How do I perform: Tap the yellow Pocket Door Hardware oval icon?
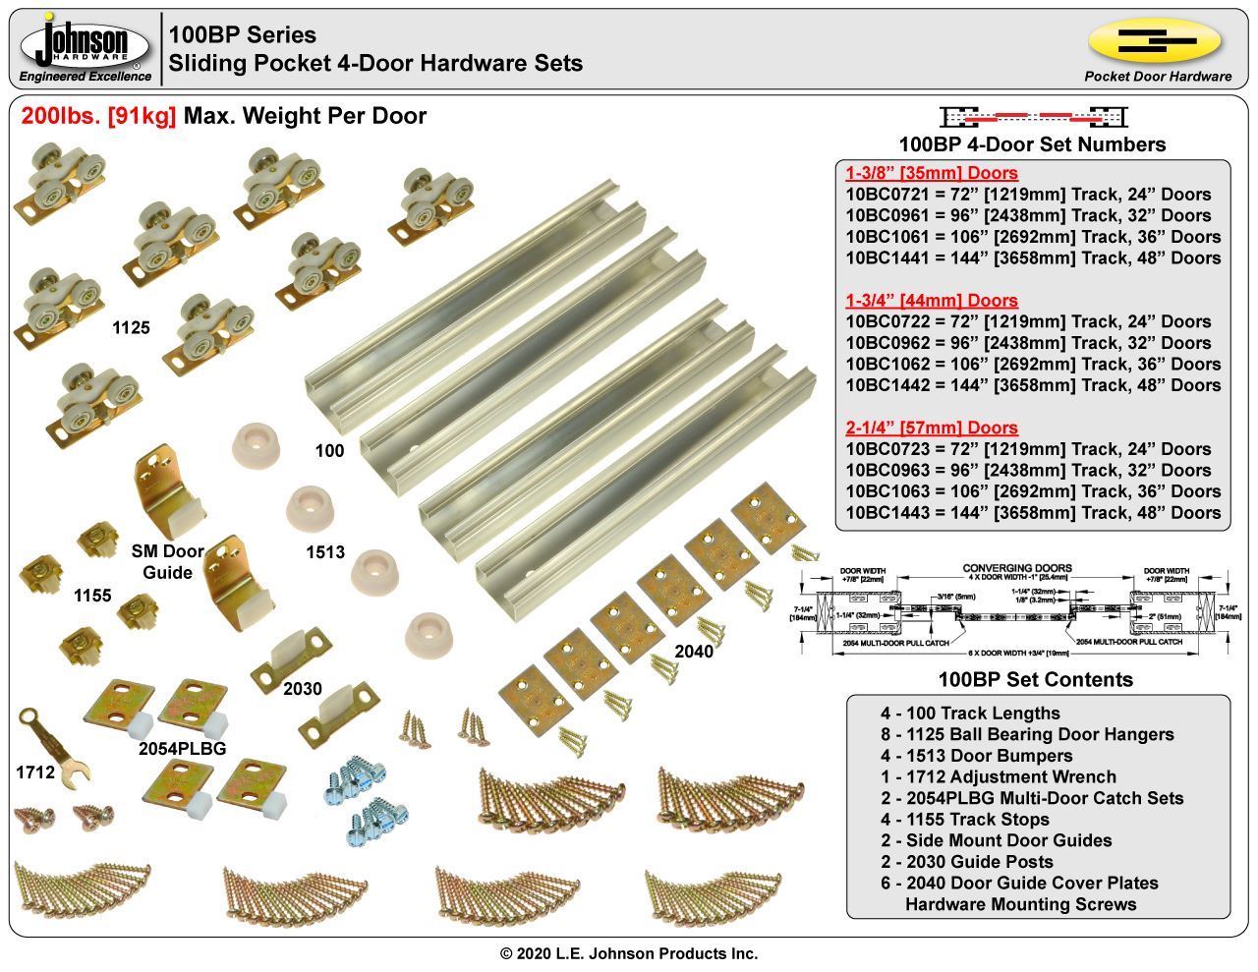1155,40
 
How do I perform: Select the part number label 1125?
131,328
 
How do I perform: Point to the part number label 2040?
694,651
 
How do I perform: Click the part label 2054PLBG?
182,748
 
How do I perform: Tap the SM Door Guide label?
167,562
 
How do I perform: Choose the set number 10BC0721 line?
1033,195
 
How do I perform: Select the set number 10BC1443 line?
1033,512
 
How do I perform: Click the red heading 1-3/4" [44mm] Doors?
931,301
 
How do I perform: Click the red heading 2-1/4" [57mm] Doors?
931,428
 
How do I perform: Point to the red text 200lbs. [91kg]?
98,116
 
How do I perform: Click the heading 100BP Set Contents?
1035,679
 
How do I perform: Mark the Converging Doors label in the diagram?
1016,568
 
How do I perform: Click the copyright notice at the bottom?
629,953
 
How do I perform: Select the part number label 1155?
92,596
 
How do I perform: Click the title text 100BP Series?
242,35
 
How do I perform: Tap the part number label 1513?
325,552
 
